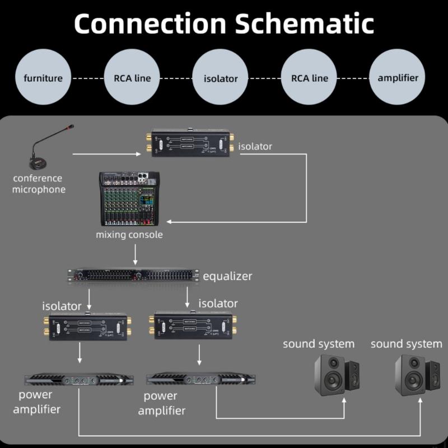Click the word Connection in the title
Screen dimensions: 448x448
point(150,24)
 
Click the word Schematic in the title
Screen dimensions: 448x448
point(305,24)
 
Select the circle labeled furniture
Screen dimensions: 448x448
point(43,78)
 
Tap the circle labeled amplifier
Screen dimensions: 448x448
point(398,78)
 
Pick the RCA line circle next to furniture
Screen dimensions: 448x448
point(128,78)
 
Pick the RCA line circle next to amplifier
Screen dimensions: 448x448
point(309,78)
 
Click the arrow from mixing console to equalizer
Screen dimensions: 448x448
point(134,254)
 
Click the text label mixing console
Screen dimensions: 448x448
point(129,234)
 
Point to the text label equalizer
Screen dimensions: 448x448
point(227,276)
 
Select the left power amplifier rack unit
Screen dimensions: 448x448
point(78,380)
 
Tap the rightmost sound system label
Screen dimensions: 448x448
point(406,343)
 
